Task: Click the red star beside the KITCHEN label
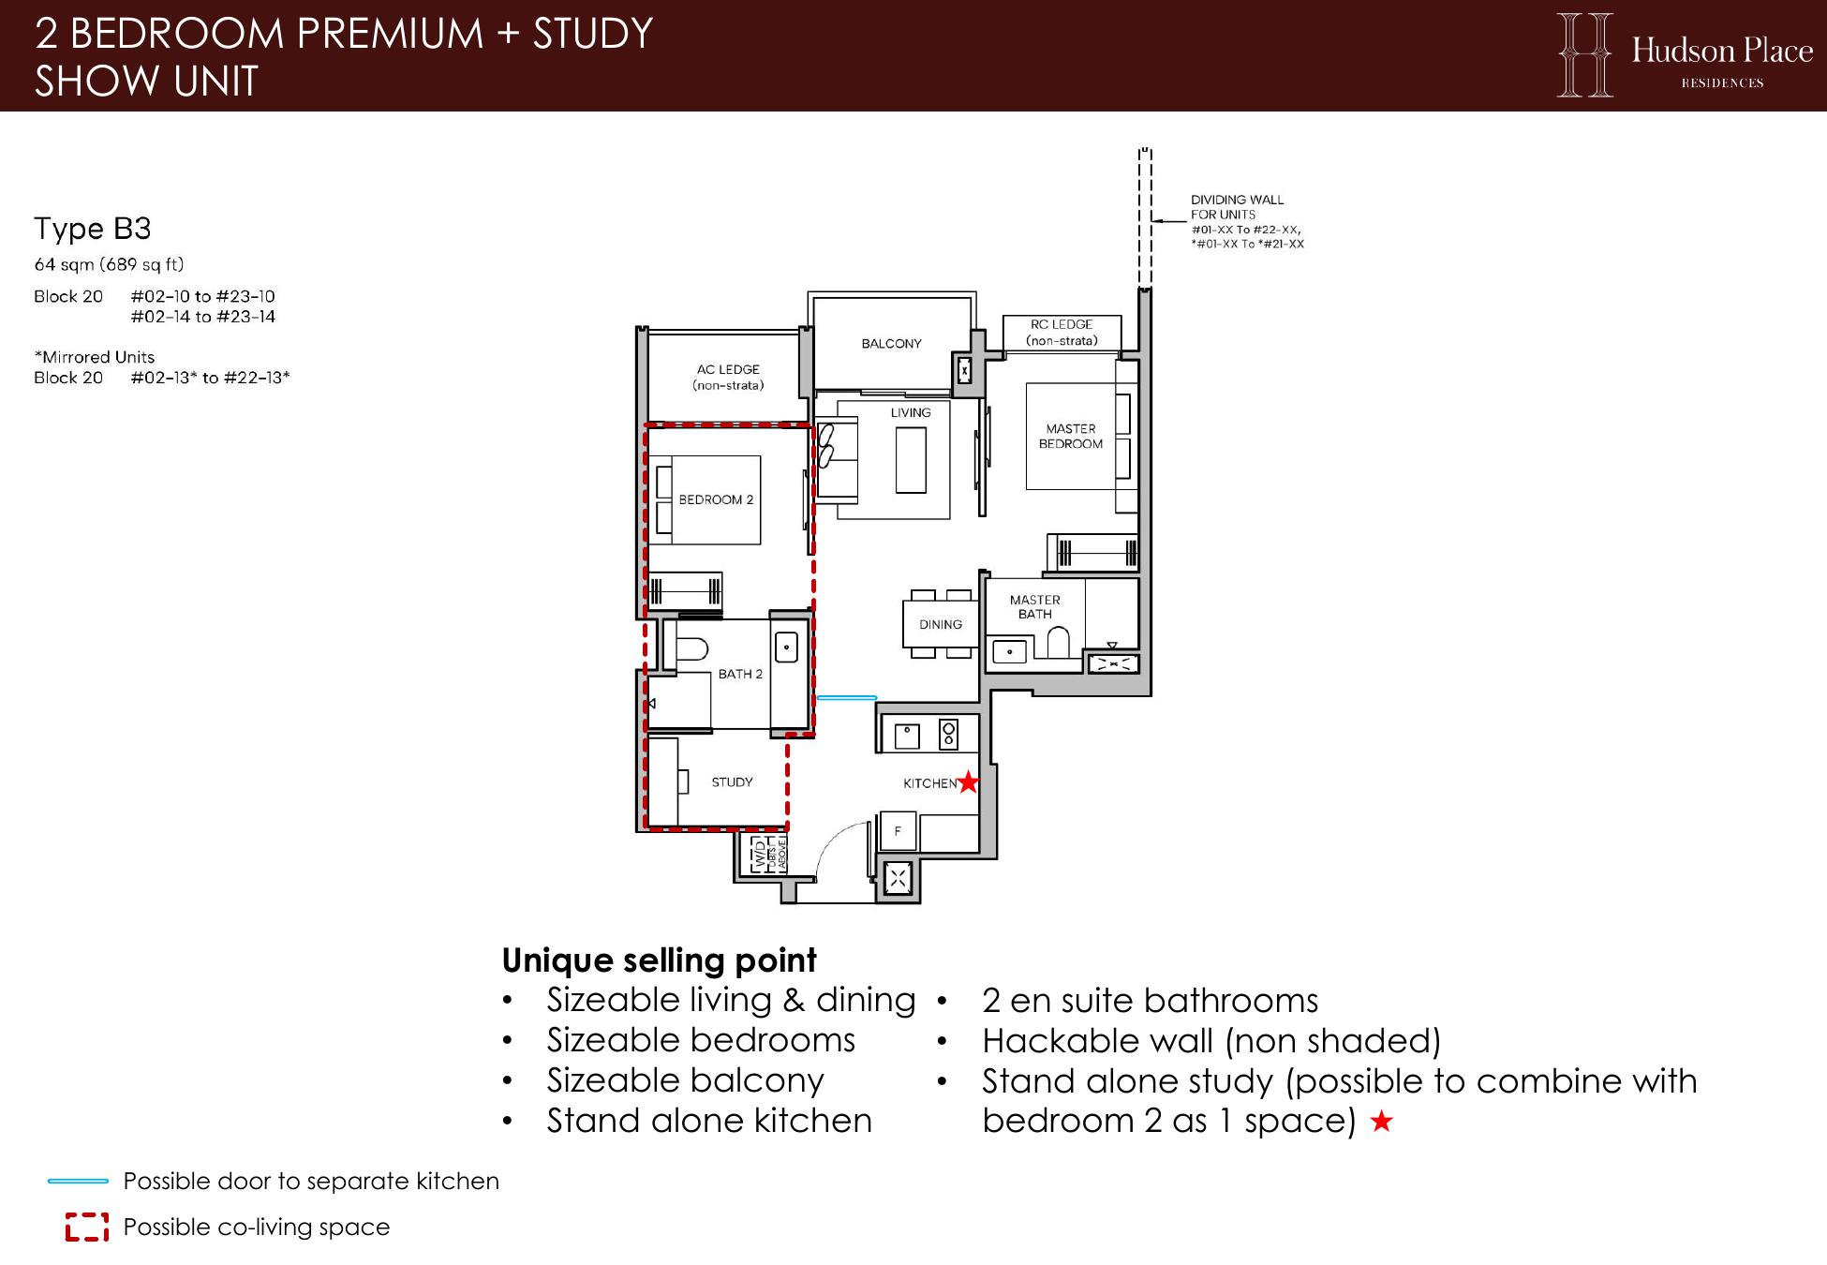[968, 781]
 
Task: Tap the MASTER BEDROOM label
[1071, 436]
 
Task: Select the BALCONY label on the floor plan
[891, 344]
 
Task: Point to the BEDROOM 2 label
[716, 499]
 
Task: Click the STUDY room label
[732, 782]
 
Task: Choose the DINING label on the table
[941, 624]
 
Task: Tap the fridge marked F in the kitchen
[898, 831]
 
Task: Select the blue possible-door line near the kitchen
[847, 698]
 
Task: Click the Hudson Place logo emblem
[1585, 54]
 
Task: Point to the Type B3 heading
[93, 229]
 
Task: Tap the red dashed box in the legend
[86, 1227]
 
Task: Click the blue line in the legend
[79, 1182]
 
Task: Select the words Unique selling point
[660, 960]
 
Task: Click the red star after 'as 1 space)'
[1381, 1121]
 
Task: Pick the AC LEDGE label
[728, 377]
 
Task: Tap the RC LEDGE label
[1062, 333]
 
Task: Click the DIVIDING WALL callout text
[1247, 222]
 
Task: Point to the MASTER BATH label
[1035, 606]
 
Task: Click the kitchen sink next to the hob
[907, 737]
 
